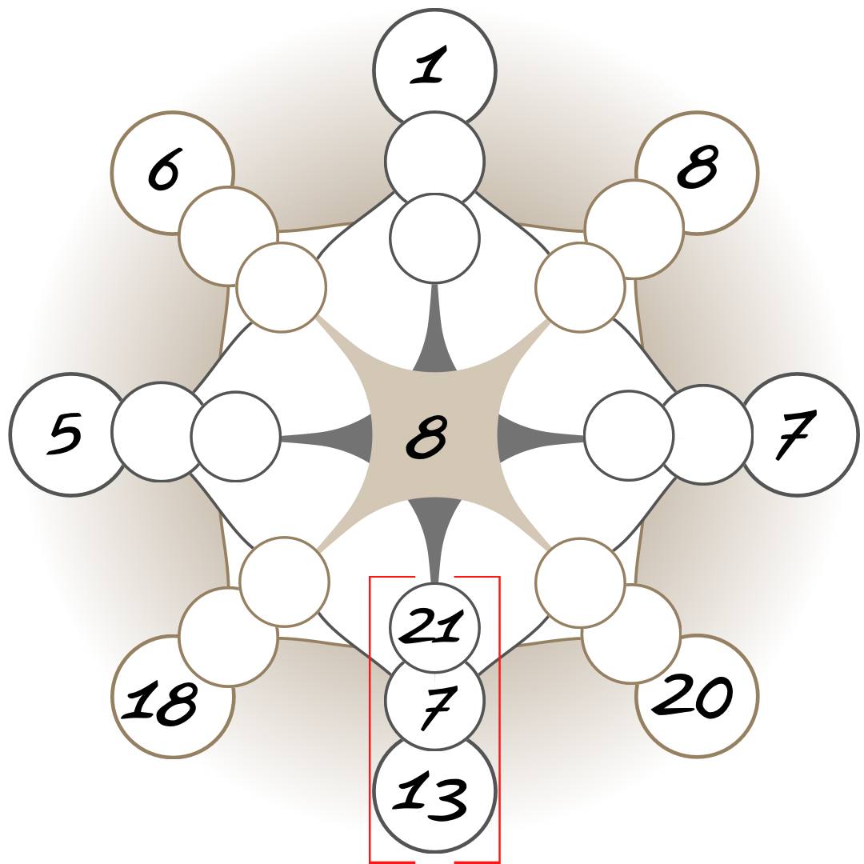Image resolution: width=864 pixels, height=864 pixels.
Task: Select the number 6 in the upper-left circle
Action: pyautogui.click(x=164, y=170)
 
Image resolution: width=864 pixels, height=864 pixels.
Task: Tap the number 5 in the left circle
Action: pyautogui.click(x=66, y=433)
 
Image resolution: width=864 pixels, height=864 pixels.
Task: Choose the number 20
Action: pyautogui.click(x=694, y=696)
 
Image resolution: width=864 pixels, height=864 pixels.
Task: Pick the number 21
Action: pyautogui.click(x=433, y=626)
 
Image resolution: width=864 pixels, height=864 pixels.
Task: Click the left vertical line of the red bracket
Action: pyautogui.click(x=370, y=720)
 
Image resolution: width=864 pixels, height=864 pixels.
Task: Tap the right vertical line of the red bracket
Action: pyautogui.click(x=499, y=720)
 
